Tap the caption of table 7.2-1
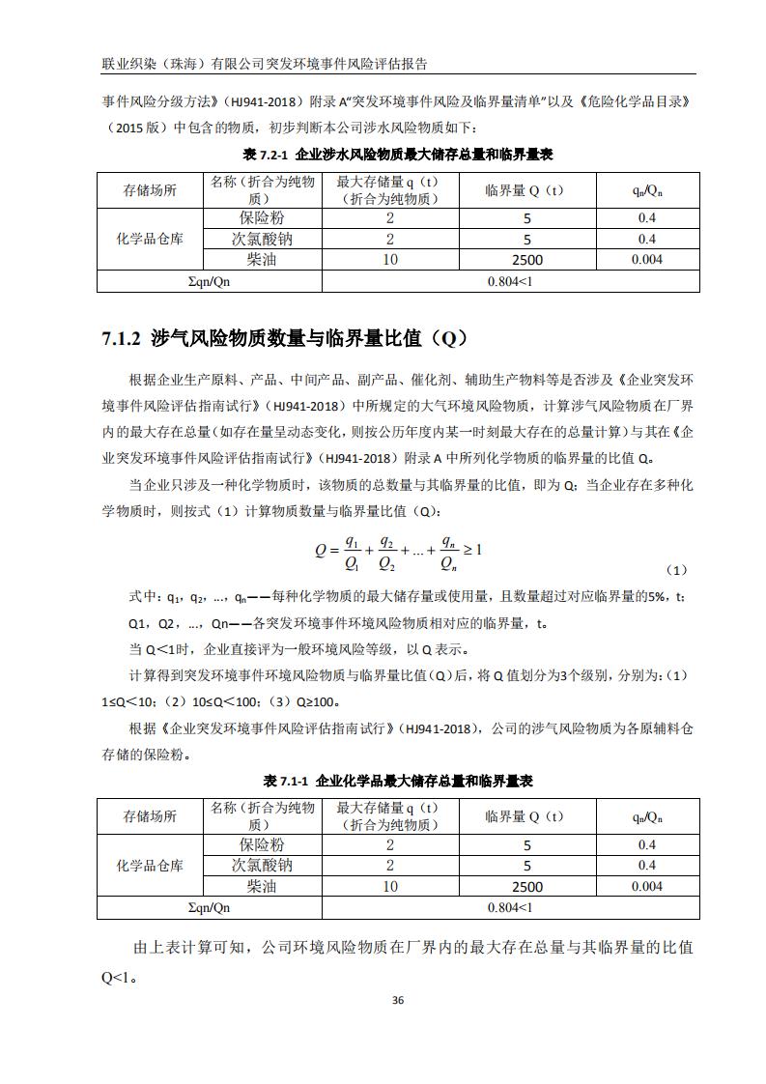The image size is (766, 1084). coord(397,155)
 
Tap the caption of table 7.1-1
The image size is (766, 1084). coord(397,781)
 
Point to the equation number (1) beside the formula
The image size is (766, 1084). coord(677,570)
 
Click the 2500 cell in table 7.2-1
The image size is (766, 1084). coord(527,260)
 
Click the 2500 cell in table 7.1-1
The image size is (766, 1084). coord(527,887)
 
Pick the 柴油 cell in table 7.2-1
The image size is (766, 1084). coord(262,260)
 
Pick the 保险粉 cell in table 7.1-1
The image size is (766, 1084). coord(262,845)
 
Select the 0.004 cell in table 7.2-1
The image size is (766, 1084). coord(647,260)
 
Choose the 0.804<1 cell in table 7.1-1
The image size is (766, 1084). coord(510,908)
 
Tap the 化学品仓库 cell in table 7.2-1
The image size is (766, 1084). coord(150,239)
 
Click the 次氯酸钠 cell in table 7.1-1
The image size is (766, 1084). coord(262,866)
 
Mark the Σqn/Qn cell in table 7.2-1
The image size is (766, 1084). coord(209,281)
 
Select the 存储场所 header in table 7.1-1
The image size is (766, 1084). coord(150,817)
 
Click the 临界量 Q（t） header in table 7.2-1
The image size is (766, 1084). coord(527,190)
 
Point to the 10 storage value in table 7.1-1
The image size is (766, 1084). coord(390,887)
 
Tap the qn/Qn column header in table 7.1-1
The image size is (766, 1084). coord(647,817)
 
